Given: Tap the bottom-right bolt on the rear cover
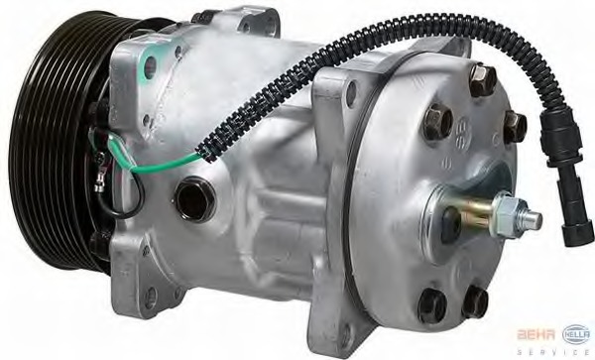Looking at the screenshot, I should [x=476, y=298].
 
